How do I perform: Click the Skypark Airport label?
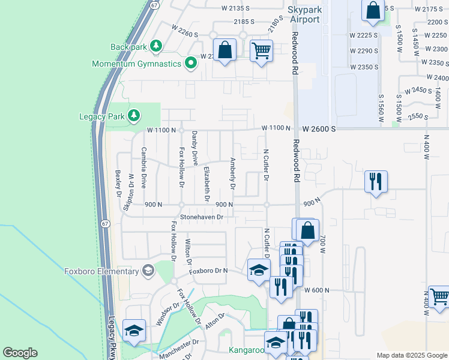(306, 15)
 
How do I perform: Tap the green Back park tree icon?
(156, 46)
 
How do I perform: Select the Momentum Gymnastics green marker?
(191, 63)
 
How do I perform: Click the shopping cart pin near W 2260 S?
(261, 51)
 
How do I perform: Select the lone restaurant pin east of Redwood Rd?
(376, 181)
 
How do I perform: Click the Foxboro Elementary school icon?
(148, 271)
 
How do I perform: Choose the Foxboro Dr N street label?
(208, 271)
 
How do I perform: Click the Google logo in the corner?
(20, 353)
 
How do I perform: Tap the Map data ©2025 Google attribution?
(412, 355)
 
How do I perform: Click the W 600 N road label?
(318, 290)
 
